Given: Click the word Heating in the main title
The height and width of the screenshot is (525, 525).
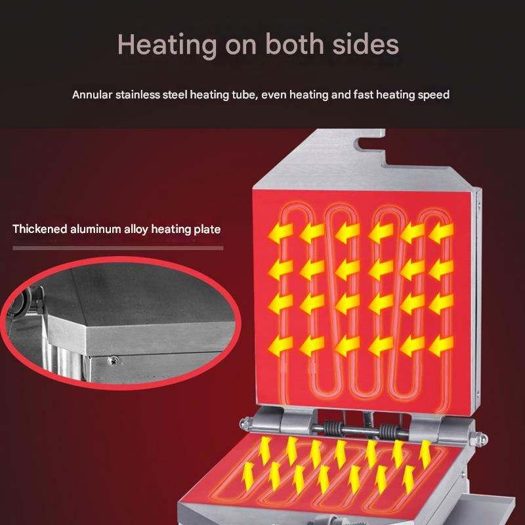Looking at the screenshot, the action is coord(167,44).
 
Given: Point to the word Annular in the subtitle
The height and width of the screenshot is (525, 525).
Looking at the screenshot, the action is coord(91,94).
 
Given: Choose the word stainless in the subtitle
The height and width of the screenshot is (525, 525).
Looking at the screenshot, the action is coord(136,94).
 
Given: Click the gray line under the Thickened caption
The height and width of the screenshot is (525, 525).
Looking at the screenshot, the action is coord(118,248).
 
